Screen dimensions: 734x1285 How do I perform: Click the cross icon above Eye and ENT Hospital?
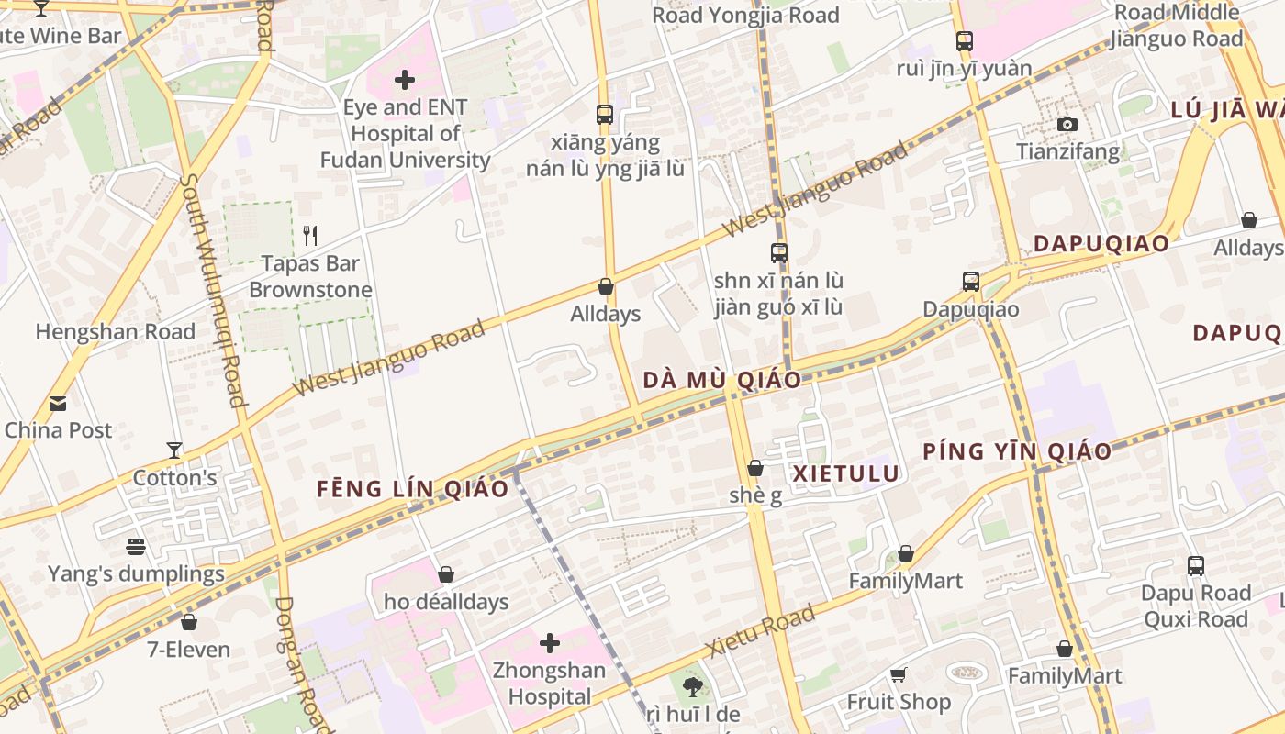tap(404, 80)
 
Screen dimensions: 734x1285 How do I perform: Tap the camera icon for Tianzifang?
tap(1067, 124)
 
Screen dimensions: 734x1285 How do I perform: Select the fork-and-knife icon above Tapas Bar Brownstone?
tap(310, 236)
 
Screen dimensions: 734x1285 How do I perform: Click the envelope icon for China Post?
tap(58, 404)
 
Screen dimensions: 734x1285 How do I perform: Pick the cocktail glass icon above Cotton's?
tap(174, 450)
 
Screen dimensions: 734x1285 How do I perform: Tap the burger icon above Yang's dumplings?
tap(136, 547)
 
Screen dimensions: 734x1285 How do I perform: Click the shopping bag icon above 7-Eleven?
tap(189, 622)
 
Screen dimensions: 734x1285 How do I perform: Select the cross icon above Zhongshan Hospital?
tap(550, 643)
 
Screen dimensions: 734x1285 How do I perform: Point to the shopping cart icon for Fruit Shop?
tap(899, 674)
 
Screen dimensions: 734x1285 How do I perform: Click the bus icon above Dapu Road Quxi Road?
tap(1195, 565)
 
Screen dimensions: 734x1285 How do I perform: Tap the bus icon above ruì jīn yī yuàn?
tap(964, 40)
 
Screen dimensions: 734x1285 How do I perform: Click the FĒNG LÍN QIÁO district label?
tap(412, 489)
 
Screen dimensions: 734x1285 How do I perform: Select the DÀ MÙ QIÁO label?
tap(721, 380)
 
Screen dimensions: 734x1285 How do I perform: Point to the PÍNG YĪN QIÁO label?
tap(1017, 451)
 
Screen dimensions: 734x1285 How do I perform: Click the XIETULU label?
tap(845, 473)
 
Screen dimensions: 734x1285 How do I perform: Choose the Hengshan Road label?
tap(116, 331)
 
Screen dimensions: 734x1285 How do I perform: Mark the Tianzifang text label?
tap(1068, 151)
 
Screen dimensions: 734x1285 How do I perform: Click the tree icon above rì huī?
tap(693, 686)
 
